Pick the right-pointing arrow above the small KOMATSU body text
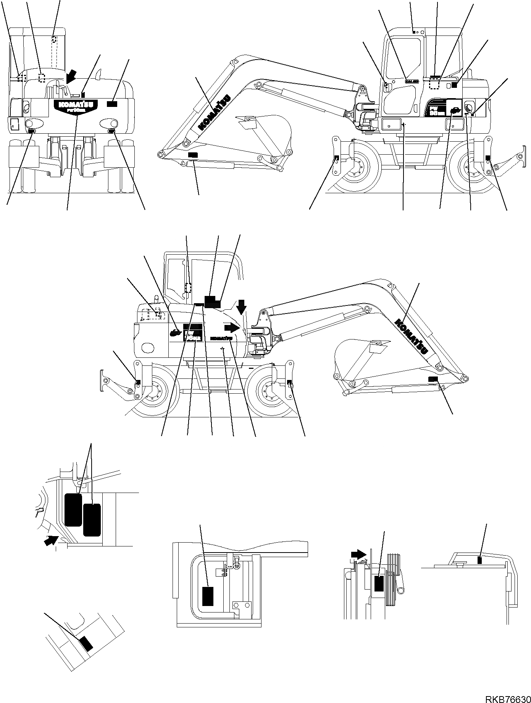pyautogui.click(x=232, y=327)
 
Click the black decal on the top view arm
pyautogui.click(x=193, y=155)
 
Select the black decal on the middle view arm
pyautogui.click(x=433, y=378)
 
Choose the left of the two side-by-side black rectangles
pyautogui.click(x=74, y=509)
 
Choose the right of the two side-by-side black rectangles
pyautogui.click(x=92, y=520)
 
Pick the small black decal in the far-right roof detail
pyautogui.click(x=480, y=560)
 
